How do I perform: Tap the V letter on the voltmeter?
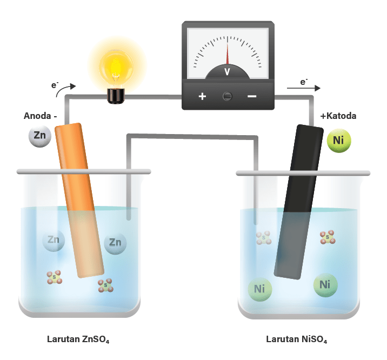pyautogui.click(x=227, y=71)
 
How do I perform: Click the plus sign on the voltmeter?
pyautogui.click(x=203, y=96)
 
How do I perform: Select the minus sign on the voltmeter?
pyautogui.click(x=252, y=96)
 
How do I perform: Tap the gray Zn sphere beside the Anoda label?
pyautogui.click(x=40, y=136)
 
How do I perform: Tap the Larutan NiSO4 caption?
pyautogui.click(x=297, y=340)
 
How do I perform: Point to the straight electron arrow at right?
pyautogui.click(x=311, y=88)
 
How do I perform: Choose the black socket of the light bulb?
pyautogui.click(x=115, y=96)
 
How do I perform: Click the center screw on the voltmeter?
pyautogui.click(x=228, y=96)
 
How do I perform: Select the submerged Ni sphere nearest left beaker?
pyautogui.click(x=259, y=288)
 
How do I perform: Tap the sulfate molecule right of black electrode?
pyautogui.click(x=328, y=237)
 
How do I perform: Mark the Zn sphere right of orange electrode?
pyautogui.click(x=115, y=243)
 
